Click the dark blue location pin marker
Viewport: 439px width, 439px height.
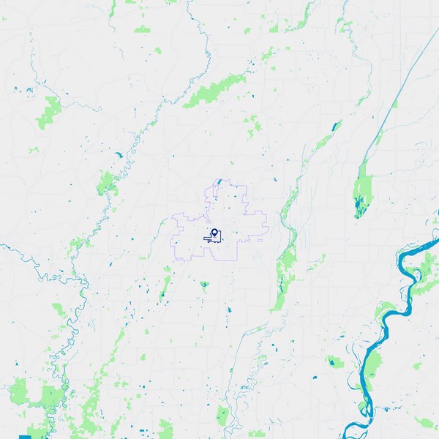(214, 233)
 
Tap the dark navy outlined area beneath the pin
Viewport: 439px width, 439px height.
(213, 239)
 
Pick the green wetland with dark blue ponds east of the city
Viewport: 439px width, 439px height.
(362, 194)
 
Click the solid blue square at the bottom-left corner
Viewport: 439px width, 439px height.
(25, 436)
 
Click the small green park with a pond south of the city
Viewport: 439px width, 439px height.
(204, 284)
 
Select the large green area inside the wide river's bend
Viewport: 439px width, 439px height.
(372, 366)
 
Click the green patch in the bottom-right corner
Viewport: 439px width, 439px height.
(424, 422)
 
